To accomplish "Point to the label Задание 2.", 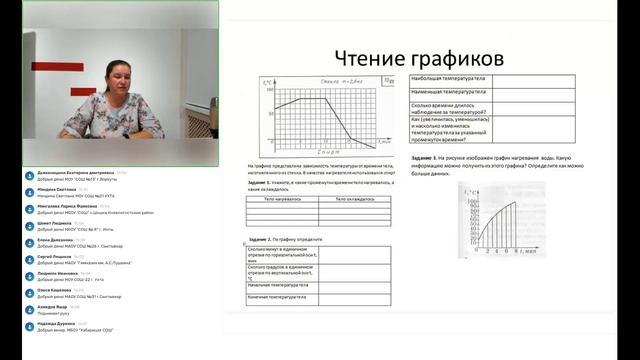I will (x=259, y=241).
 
